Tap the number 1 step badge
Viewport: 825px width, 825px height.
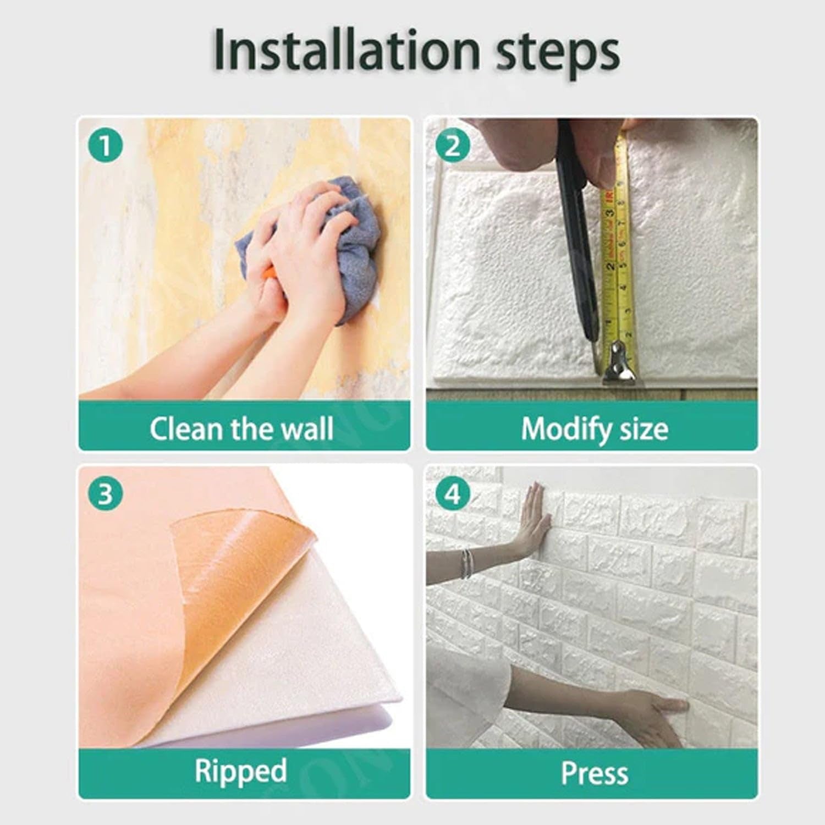point(105,146)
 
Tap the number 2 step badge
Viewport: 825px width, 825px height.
point(452,146)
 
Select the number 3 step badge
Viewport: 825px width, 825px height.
point(105,494)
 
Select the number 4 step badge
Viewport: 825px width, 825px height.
point(452,494)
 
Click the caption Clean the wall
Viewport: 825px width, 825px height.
point(241,429)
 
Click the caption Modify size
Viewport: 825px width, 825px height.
point(595,429)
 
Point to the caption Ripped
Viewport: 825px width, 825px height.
point(240,771)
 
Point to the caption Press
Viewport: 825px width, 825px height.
point(595,773)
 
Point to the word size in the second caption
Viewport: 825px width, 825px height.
point(644,429)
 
